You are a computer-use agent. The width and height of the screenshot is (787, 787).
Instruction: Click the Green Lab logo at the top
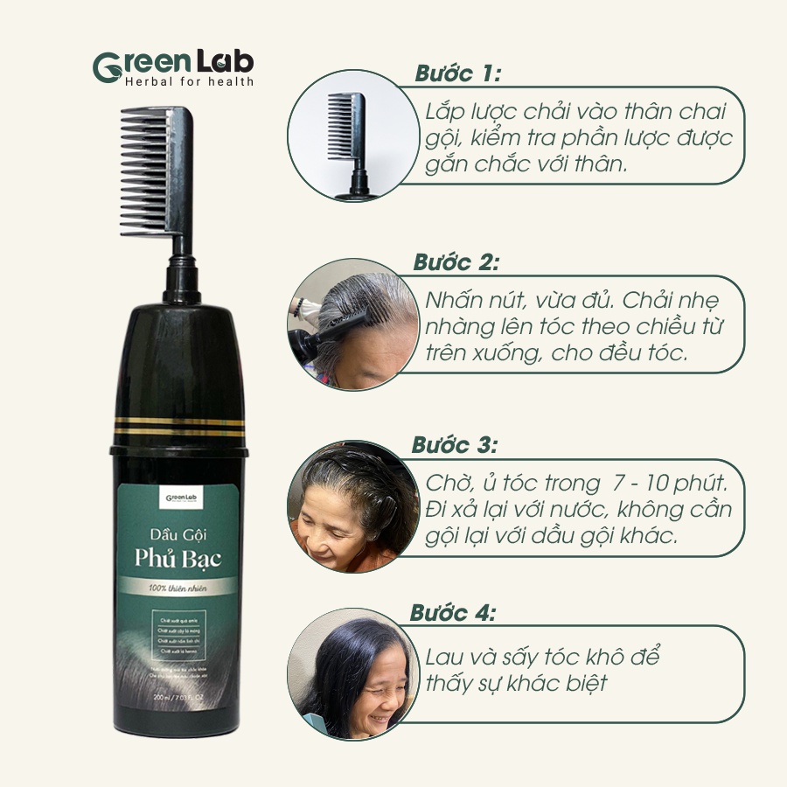point(173,63)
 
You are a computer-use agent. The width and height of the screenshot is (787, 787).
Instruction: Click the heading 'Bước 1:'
point(457,73)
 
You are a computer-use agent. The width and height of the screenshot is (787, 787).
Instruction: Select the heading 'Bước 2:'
point(456,262)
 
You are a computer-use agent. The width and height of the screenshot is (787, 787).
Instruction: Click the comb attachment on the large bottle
point(156,171)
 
